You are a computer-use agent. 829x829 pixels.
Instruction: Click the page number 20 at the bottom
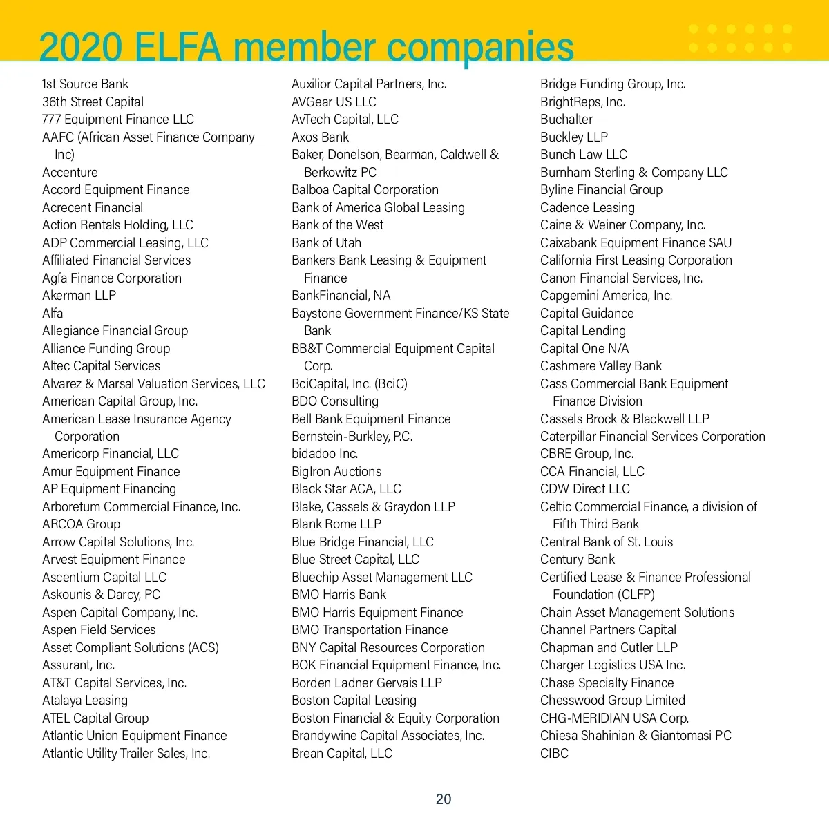pos(443,799)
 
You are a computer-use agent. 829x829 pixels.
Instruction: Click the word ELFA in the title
pos(178,47)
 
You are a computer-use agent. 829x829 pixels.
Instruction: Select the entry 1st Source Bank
pos(85,84)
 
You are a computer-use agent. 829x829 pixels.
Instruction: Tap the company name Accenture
pos(70,172)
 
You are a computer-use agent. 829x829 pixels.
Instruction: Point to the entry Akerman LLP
pos(79,296)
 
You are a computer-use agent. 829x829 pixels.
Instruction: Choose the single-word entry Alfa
pos(53,313)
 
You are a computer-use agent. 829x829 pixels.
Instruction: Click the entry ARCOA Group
pos(81,524)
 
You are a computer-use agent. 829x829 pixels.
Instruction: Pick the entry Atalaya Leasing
pos(85,701)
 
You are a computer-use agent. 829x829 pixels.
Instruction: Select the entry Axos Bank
pos(320,137)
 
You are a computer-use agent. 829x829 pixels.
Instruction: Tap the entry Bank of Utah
pos(326,242)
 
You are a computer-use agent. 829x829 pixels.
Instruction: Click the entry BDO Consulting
pos(335,401)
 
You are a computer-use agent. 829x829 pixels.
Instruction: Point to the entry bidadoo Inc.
pos(325,454)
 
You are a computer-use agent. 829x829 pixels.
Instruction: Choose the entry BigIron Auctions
pos(336,472)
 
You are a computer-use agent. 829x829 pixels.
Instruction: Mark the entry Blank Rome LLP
pos(336,524)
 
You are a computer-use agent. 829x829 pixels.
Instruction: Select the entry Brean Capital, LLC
pos(342,754)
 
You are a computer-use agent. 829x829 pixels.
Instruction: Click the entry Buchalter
pos(566,120)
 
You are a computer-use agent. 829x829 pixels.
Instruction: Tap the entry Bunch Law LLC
pos(584,155)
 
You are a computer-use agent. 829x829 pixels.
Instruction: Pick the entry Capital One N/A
pos(584,349)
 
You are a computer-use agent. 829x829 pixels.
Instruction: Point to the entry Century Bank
pos(578,560)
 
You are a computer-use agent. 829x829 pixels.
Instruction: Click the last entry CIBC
pos(554,754)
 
